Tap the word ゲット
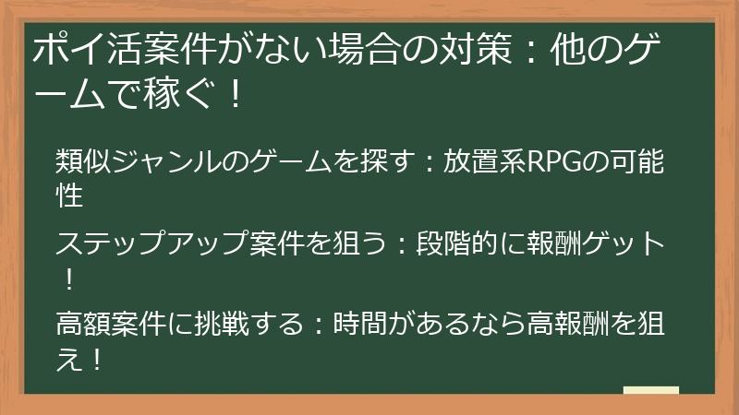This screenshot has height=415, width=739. pyautogui.click(x=625, y=244)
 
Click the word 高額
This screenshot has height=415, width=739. pyautogui.click(x=85, y=325)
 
